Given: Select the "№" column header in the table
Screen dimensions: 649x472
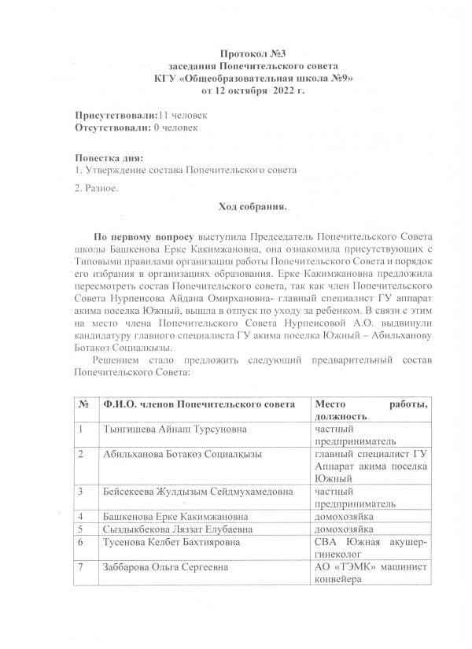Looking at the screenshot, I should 84,404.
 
